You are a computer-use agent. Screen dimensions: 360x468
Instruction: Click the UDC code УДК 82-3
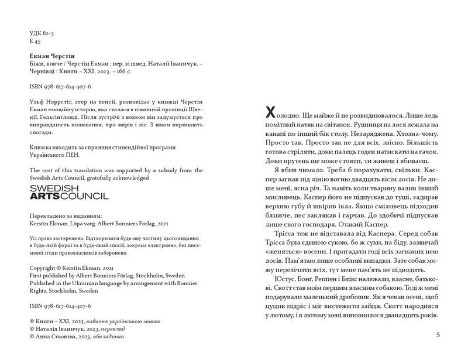(x=40, y=33)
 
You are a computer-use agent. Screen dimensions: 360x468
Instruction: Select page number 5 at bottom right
(x=438, y=335)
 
